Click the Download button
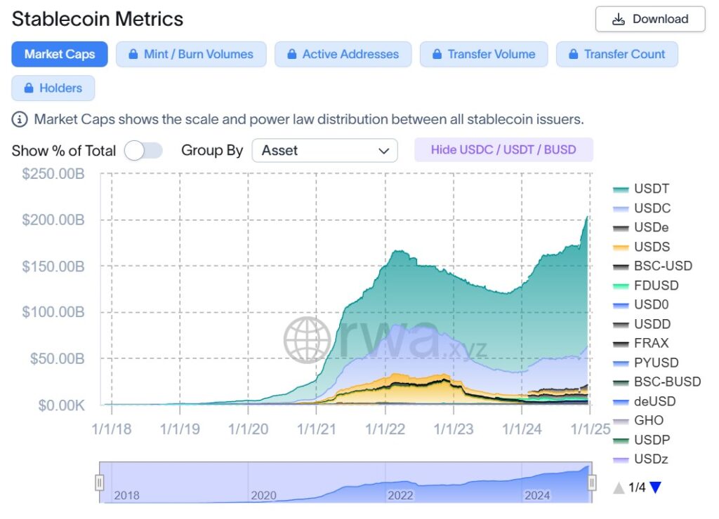click(x=650, y=20)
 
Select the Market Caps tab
click(x=60, y=55)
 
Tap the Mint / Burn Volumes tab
click(x=190, y=55)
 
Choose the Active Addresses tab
click(x=343, y=55)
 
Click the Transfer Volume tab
click(x=484, y=55)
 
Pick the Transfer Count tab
click(x=616, y=55)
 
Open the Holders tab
click(x=53, y=88)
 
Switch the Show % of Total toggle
click(x=143, y=151)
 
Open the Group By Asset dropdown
click(x=324, y=151)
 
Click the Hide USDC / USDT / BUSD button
click(x=503, y=150)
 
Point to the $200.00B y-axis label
click(x=53, y=220)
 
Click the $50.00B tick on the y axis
click(x=56, y=358)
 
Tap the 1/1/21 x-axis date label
click(x=316, y=429)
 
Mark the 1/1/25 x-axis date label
click(x=588, y=429)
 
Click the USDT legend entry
click(x=651, y=189)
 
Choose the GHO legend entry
click(x=648, y=421)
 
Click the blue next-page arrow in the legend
click(x=656, y=487)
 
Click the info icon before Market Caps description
click(x=20, y=119)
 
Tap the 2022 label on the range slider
click(x=400, y=495)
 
